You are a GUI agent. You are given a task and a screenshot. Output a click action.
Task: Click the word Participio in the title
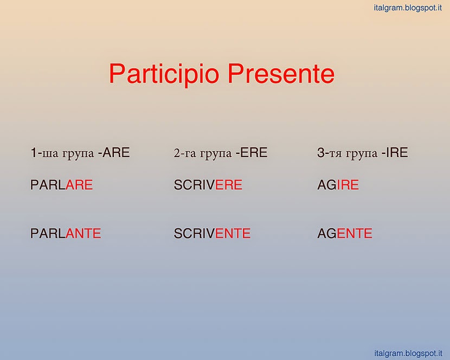pyautogui.click(x=164, y=74)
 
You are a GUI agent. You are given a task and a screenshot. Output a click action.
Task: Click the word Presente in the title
pyautogui.click(x=281, y=74)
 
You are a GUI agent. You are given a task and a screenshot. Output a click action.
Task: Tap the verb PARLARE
pyautogui.click(x=61, y=184)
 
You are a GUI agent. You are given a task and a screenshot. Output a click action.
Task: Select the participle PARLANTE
pyautogui.click(x=66, y=233)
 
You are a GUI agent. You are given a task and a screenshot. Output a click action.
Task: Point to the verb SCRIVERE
pyautogui.click(x=208, y=184)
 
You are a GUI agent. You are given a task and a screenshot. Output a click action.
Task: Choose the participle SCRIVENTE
pyautogui.click(x=212, y=233)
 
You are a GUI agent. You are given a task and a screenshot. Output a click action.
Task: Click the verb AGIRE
pyautogui.click(x=338, y=184)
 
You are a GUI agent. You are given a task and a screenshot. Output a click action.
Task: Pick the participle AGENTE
pyautogui.click(x=345, y=233)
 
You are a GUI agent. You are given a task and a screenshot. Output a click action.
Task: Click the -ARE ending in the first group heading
pyautogui.click(x=114, y=152)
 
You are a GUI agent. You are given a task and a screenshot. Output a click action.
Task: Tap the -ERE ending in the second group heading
pyautogui.click(x=252, y=152)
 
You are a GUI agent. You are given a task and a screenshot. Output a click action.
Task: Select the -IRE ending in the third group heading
pyautogui.click(x=395, y=152)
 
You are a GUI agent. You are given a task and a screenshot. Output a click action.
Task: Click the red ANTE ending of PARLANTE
pyautogui.click(x=83, y=233)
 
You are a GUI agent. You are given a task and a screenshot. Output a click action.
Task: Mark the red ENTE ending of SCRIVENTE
pyautogui.click(x=233, y=233)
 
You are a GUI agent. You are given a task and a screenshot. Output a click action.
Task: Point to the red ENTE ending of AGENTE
pyautogui.click(x=355, y=233)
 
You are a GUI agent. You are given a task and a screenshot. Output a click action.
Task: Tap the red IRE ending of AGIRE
pyautogui.click(x=348, y=184)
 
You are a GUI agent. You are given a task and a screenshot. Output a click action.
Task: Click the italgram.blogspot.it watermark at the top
pyautogui.click(x=408, y=8)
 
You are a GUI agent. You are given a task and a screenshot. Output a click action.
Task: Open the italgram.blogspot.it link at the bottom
pyautogui.click(x=408, y=353)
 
